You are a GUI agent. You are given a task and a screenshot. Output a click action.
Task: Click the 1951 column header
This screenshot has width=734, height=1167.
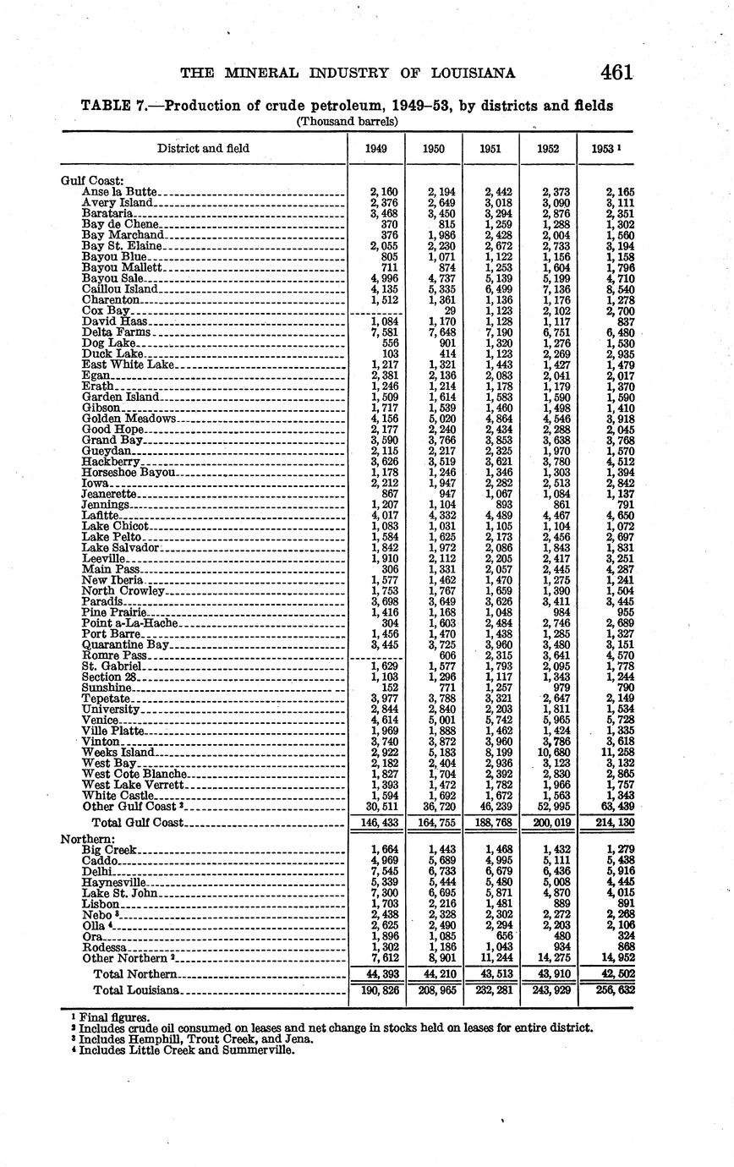click(490, 148)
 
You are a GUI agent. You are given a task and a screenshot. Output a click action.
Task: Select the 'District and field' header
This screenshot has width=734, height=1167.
click(203, 148)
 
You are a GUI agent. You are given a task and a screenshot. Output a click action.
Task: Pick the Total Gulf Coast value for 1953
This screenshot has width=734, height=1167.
click(615, 822)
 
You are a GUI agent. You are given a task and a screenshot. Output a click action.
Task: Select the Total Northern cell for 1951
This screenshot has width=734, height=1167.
click(492, 974)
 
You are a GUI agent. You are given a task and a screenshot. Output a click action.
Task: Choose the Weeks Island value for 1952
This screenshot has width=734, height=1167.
click(550, 752)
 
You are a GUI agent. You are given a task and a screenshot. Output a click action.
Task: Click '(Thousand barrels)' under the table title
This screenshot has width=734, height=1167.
click(347, 121)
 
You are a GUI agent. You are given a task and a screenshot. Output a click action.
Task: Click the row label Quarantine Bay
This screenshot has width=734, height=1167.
click(126, 644)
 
